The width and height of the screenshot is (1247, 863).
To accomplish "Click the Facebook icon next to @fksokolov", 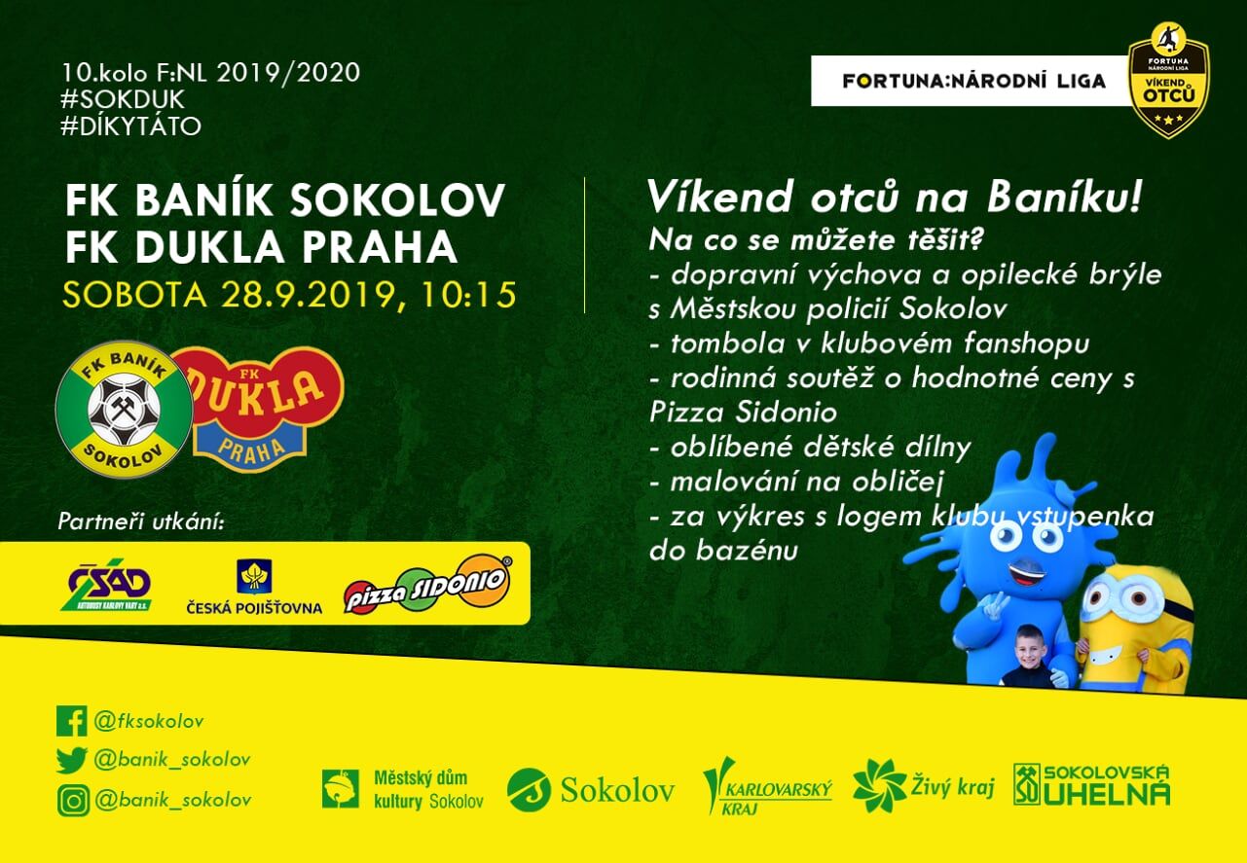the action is point(72,721).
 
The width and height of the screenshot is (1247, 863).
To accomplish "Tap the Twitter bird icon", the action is point(72,760).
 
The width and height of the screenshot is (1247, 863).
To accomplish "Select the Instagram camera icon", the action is point(73,800).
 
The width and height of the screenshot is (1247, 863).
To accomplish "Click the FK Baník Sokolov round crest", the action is point(125,410).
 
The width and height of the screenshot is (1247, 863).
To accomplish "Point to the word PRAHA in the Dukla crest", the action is point(251,450).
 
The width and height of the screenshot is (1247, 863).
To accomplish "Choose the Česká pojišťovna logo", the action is point(254,587).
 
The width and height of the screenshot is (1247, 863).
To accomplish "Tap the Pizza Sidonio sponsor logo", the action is point(427,584).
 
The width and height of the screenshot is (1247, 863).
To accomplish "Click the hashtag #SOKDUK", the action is point(123,99).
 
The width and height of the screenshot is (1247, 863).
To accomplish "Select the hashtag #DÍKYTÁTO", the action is point(130,126).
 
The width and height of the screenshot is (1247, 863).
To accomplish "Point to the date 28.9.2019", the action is point(309,295).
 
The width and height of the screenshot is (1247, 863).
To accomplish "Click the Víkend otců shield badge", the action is point(1169,80).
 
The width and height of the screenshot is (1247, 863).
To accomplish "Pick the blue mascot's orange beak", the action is point(1028,571).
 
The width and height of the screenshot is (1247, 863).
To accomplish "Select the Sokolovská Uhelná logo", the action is point(1091,785).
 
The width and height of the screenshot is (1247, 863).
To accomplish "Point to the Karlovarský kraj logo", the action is point(767,786).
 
